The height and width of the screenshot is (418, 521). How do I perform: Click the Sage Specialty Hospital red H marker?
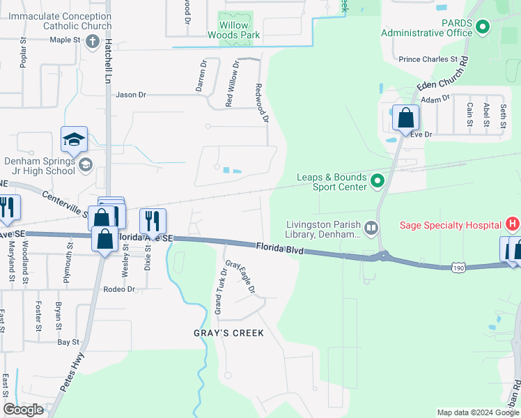tap(513, 224)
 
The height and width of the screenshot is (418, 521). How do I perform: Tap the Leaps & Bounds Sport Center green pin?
tap(378, 182)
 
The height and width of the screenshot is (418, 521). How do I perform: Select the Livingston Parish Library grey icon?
tap(371, 226)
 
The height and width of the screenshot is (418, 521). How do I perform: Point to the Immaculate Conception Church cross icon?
tap(92, 41)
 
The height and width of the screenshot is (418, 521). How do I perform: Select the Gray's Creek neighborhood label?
tap(228, 333)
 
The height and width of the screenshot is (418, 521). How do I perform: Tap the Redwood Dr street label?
tap(262, 103)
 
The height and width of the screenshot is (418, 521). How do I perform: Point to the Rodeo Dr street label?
tap(118, 289)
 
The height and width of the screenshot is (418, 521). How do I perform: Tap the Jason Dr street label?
tap(131, 95)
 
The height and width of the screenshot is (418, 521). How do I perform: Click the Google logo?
tap(23, 410)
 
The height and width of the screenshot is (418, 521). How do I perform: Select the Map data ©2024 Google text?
tap(477, 412)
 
